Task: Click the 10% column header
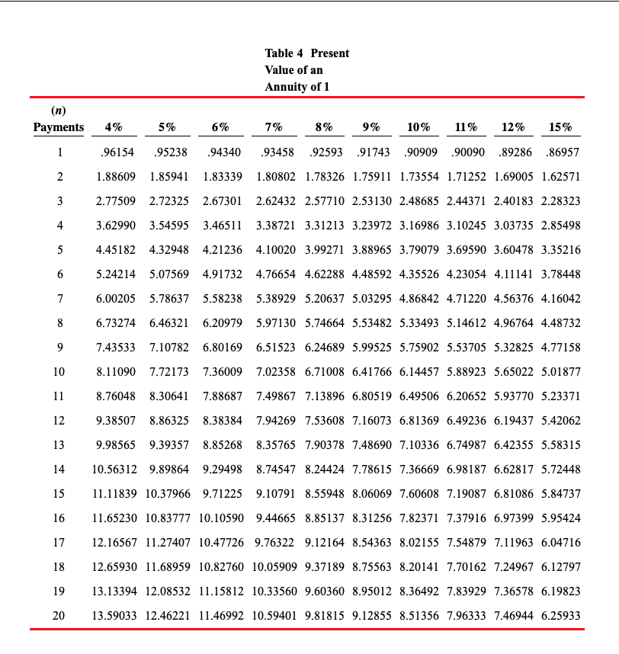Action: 419,127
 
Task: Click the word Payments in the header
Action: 59,127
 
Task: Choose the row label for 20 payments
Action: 59,615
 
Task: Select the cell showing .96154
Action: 117,152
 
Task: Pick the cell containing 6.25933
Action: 560,615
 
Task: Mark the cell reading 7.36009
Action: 223,371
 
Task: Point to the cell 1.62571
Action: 560,176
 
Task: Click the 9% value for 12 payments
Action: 374,420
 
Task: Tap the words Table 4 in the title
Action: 284,53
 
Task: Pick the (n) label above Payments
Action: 59,111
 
